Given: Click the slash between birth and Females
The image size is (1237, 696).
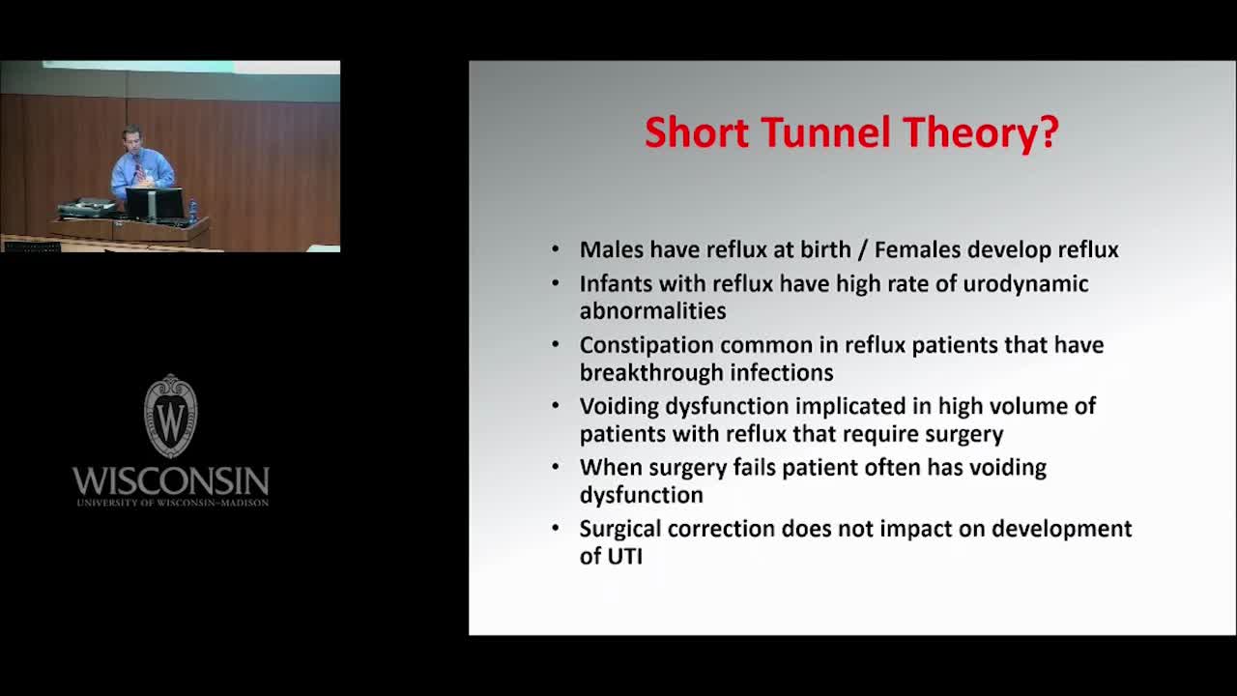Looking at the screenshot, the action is tap(862, 250).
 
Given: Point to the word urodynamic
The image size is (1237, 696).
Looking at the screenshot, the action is tap(1025, 284).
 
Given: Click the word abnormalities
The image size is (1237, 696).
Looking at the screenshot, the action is tap(652, 311).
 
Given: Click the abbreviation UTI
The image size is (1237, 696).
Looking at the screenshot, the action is tap(625, 556).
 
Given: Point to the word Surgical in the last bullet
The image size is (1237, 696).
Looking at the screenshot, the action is tap(620, 530).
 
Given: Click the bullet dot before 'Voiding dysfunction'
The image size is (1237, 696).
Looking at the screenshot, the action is tap(556, 405).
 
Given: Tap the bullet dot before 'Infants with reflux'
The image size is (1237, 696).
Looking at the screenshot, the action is tap(556, 283).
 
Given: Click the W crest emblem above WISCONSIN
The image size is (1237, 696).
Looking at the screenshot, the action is tap(171, 416).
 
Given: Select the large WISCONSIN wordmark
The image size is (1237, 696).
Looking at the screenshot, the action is tap(171, 481).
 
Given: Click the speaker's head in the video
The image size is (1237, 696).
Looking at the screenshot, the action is tap(132, 137).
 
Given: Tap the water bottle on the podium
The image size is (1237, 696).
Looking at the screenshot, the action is tap(192, 212).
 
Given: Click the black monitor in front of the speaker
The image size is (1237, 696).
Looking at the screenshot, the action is tap(155, 204).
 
